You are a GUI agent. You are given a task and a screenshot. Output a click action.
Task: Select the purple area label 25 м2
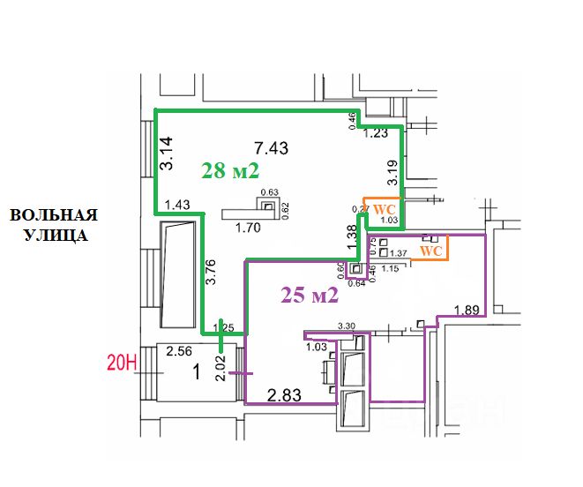(x=310, y=296)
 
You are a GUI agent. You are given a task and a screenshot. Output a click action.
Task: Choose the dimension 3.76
(x=211, y=274)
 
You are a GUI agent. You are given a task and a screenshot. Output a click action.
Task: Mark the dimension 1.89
(x=467, y=310)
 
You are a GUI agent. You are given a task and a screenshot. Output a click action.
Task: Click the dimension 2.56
(x=180, y=350)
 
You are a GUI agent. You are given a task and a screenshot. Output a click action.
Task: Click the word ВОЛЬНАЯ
(x=53, y=214)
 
